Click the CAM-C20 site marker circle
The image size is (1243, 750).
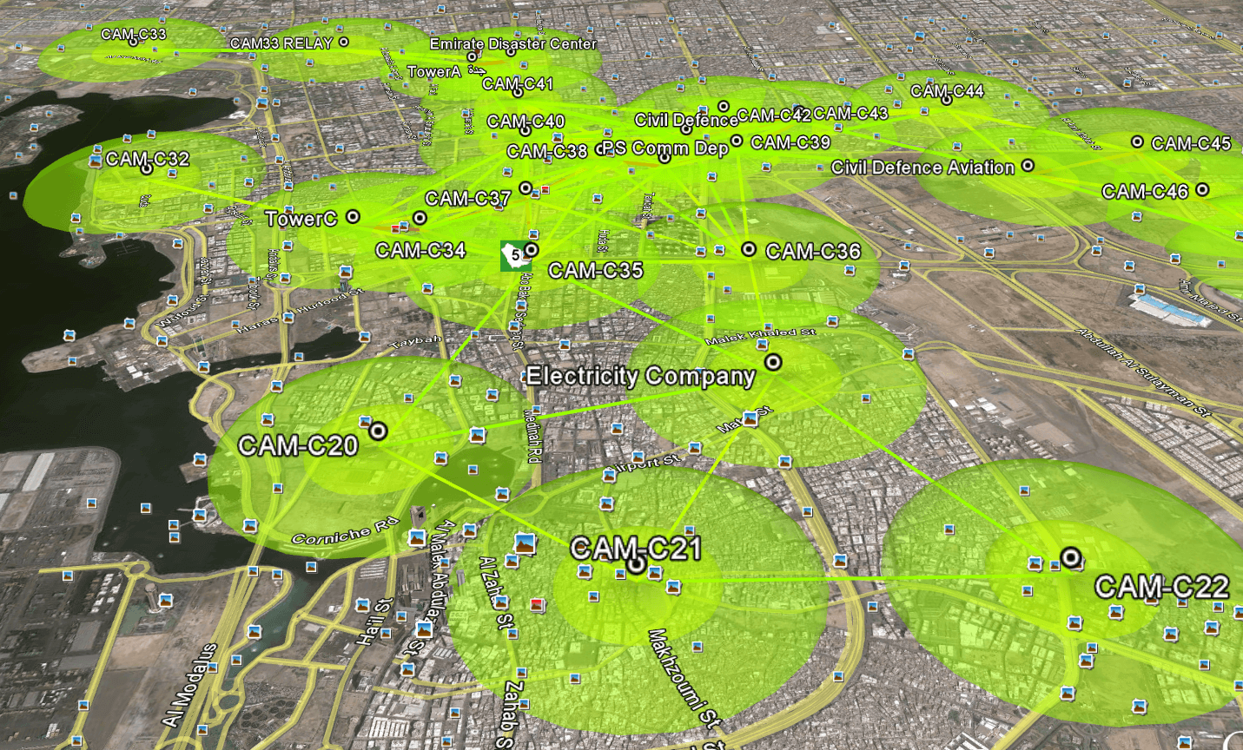pos(378,431)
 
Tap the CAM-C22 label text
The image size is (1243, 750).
pos(1160,588)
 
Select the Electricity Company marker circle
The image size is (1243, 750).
pos(772,362)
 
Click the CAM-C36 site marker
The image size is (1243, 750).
pos(749,250)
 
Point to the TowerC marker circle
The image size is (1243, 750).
pos(353,216)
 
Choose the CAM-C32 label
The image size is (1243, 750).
pos(147,159)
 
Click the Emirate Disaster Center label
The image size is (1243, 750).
pos(512,43)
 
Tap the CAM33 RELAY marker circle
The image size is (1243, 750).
pos(344,42)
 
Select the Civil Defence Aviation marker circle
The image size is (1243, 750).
pos(1028,165)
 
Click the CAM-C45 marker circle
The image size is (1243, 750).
pos(1137,141)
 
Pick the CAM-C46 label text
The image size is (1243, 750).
pos(1144,192)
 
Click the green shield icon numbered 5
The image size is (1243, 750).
pos(512,256)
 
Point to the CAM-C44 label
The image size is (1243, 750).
pos(947,91)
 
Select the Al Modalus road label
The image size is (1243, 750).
pos(189,686)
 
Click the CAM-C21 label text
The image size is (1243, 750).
pos(635,549)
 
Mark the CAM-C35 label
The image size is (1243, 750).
pos(595,271)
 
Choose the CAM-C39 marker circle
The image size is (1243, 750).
pos(737,141)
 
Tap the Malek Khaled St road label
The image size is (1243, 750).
pos(760,335)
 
